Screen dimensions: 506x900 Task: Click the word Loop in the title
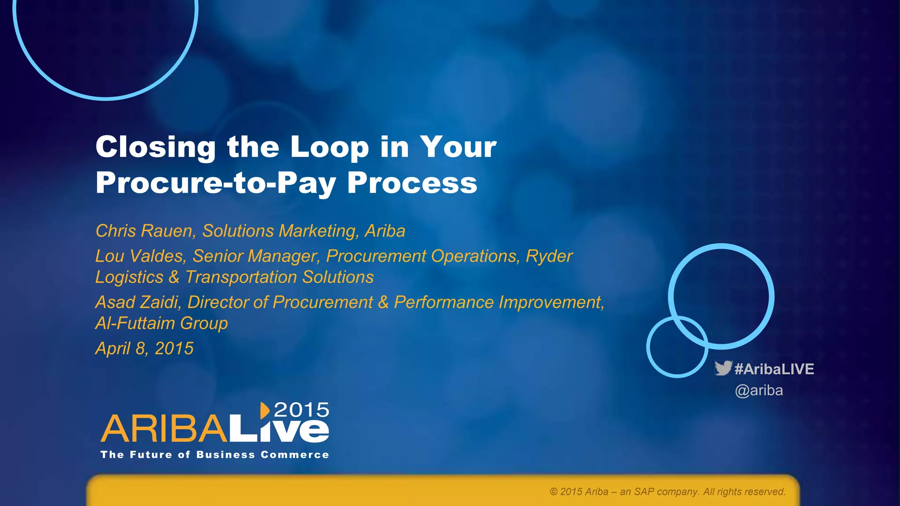tap(330, 147)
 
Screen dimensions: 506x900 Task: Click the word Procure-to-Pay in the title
tap(216, 183)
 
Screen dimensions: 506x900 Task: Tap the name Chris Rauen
tap(144, 231)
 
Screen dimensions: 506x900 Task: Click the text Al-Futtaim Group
tap(161, 323)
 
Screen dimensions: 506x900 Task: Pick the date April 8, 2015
tap(144, 349)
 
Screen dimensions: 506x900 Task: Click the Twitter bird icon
tap(723, 368)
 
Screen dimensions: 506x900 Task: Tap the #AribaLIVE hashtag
tap(774, 369)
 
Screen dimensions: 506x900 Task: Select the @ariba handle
tap(759, 390)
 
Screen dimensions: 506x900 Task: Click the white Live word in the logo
tap(279, 430)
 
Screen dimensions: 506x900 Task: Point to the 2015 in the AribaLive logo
tap(301, 410)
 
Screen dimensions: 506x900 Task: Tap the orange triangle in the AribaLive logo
tap(265, 410)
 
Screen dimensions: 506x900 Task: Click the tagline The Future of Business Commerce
tap(214, 455)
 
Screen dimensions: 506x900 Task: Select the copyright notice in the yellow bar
tap(668, 492)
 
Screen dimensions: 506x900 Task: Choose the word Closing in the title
tap(156, 147)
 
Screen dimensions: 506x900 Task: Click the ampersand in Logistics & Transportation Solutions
tap(174, 278)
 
